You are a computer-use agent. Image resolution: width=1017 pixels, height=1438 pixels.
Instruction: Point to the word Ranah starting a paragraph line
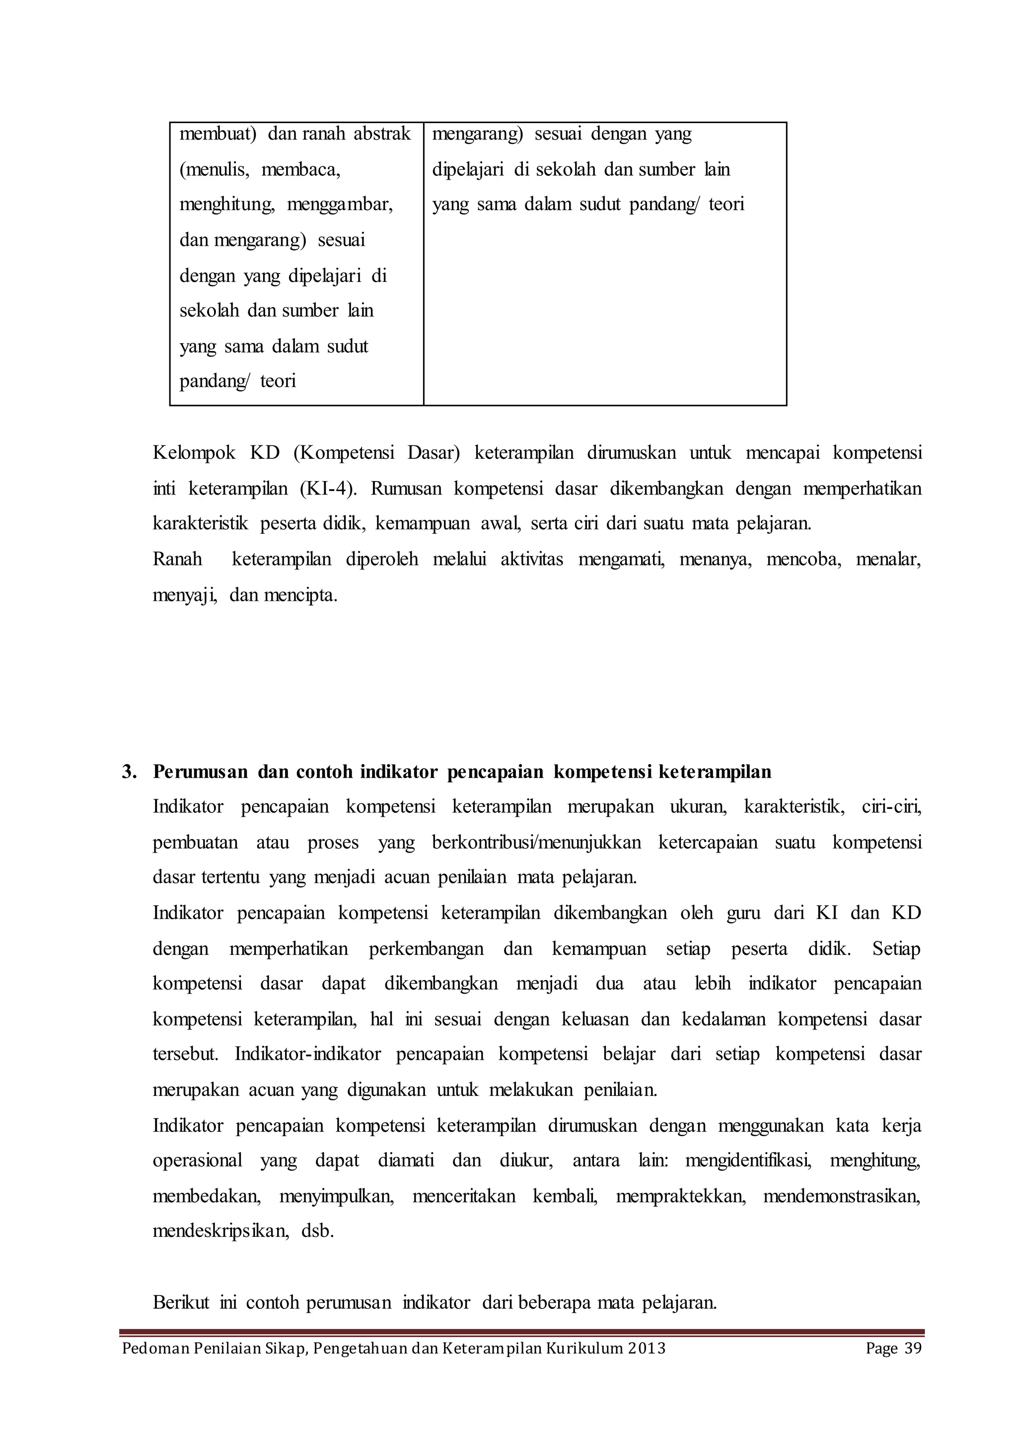tap(177, 559)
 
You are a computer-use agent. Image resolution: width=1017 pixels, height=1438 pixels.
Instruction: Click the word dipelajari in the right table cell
tap(468, 169)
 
